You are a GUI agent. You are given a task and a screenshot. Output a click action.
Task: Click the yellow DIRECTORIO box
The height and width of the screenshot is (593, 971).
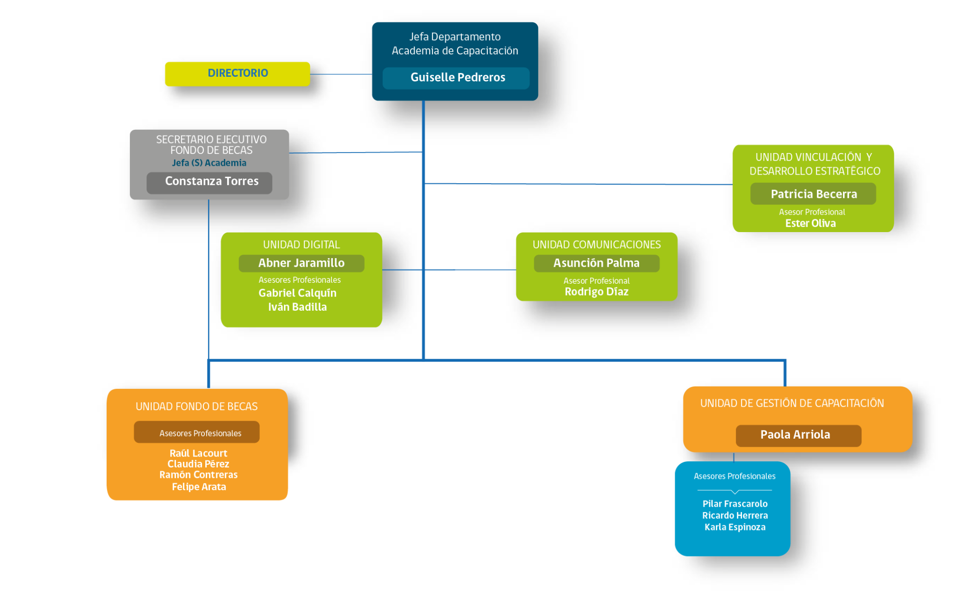[x=238, y=74]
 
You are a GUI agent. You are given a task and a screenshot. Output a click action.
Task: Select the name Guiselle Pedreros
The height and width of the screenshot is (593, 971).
[x=458, y=77]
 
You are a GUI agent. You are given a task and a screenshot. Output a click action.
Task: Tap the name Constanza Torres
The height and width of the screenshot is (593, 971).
[x=211, y=181]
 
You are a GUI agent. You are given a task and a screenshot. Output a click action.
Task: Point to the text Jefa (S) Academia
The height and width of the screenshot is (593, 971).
[x=209, y=163]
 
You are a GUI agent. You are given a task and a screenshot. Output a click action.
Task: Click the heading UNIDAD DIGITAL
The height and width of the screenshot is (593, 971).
[x=302, y=244]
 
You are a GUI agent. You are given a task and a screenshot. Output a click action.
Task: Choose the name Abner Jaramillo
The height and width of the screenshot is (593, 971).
[x=302, y=263]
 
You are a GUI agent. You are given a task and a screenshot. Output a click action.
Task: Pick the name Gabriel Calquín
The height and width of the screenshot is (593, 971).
[x=298, y=293]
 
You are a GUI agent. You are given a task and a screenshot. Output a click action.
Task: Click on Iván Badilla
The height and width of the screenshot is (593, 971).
[x=298, y=307]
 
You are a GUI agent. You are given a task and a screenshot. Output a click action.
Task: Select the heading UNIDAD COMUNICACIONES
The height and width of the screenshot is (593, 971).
[x=596, y=244]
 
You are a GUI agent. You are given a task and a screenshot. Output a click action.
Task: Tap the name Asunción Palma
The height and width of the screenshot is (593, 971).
[x=596, y=263]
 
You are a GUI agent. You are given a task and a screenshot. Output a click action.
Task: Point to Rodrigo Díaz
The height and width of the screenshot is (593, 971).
[x=596, y=292]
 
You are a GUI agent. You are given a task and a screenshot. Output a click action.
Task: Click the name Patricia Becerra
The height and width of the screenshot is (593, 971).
[x=814, y=194]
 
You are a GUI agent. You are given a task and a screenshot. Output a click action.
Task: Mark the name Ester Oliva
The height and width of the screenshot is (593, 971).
[x=810, y=223]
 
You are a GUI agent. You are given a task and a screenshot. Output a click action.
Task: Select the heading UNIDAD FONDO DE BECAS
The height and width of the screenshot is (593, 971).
[x=197, y=406]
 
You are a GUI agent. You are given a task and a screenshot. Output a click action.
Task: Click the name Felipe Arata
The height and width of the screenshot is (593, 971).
[x=199, y=487]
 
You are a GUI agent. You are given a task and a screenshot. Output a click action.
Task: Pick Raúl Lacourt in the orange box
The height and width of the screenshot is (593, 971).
[x=198, y=453]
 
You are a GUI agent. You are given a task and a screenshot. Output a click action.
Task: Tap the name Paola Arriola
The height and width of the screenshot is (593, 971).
[x=795, y=434]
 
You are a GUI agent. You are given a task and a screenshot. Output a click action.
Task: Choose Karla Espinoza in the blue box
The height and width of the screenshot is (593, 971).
[x=735, y=527]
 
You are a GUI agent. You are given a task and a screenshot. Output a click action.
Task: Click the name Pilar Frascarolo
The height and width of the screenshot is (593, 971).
[x=735, y=504]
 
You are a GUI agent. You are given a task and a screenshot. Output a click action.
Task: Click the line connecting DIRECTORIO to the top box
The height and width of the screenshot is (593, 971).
[x=341, y=74]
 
